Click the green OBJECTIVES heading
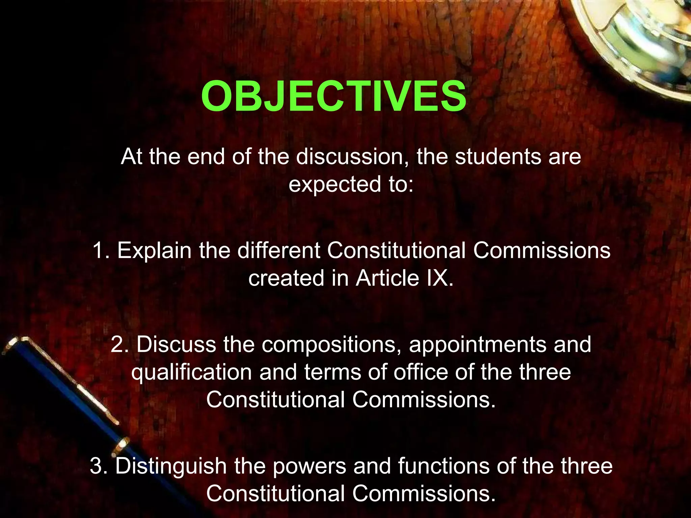333,97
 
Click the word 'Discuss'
176,344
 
